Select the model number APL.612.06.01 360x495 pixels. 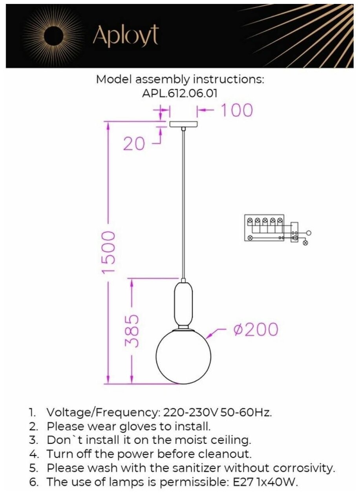[180, 93]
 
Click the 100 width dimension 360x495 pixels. [236, 110]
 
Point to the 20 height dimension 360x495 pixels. [134, 144]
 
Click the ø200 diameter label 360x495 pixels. [256, 329]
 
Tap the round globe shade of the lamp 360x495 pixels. [183, 356]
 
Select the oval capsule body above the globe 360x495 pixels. [183, 303]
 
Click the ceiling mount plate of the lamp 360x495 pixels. [183, 124]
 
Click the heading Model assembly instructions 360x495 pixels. [180, 79]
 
